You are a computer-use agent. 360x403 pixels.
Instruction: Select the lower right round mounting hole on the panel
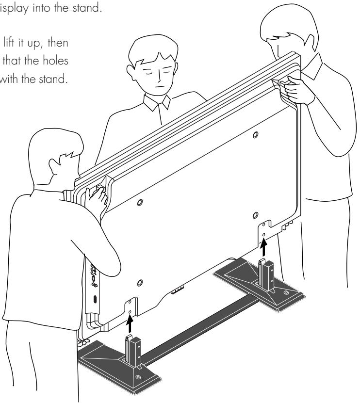tap(255, 214)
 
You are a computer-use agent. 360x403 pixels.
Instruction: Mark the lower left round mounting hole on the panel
tap(139, 282)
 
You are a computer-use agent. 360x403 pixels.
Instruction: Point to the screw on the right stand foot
tap(286, 292)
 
